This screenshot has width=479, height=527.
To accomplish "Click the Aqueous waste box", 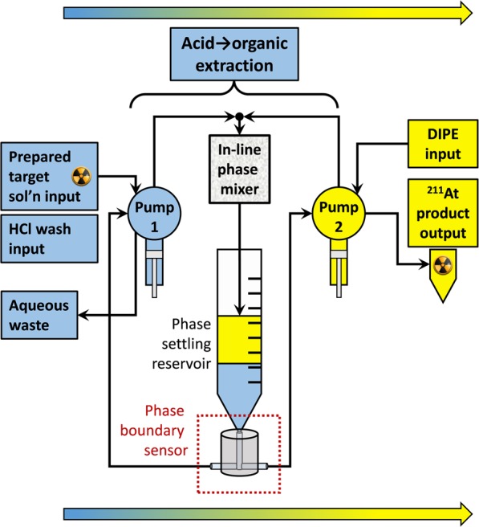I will point(41,315).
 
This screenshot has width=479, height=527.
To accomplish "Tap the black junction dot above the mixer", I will point(237,116).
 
